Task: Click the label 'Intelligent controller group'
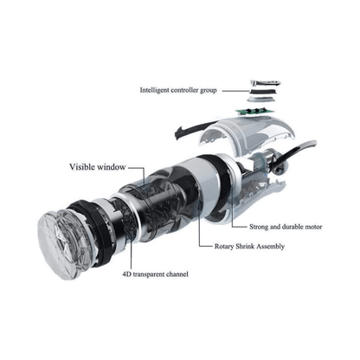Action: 178,90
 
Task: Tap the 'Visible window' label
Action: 98,167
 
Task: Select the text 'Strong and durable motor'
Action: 286,227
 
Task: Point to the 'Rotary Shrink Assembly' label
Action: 249,247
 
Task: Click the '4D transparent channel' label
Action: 156,274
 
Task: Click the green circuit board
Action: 254,112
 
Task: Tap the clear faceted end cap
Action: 59,245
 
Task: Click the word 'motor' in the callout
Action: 313,227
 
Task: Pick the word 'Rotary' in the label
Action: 224,247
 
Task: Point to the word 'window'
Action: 112,167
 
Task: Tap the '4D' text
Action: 127,274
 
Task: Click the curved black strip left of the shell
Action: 192,129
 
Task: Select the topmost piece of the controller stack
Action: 266,83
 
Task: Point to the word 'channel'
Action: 177,274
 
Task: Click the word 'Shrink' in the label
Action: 245,247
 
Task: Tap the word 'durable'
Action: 292,227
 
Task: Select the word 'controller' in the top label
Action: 185,90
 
